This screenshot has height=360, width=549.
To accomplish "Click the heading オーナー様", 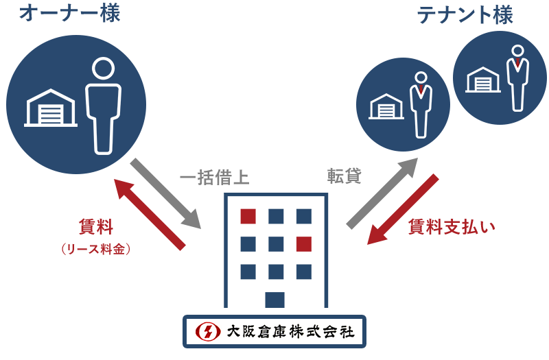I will tap(69, 14).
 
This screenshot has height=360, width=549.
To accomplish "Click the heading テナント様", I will tap(465, 14).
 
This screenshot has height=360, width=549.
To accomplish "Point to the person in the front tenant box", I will tap(421, 104).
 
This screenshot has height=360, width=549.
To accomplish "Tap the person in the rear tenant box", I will tap(517, 77).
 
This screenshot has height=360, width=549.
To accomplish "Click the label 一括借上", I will tap(216, 177).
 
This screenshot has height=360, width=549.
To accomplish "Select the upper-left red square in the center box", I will tap(248, 216).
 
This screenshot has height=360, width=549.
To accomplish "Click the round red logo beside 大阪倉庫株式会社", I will tap(205, 332).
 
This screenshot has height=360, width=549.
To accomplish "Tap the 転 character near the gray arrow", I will tap(336, 176).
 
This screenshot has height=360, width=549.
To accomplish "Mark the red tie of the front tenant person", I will tap(421, 89).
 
